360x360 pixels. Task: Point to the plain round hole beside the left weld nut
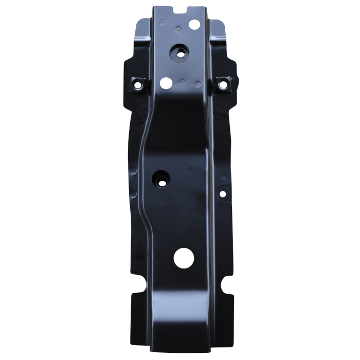tap(166, 82)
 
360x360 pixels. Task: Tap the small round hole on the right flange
tap(222, 194)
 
